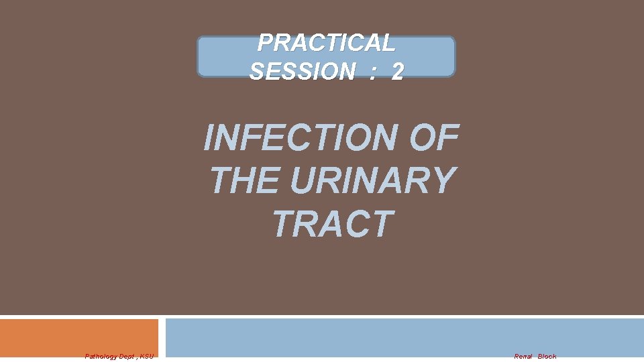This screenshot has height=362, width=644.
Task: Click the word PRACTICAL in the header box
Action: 326,43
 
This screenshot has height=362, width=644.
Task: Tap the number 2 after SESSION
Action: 397,71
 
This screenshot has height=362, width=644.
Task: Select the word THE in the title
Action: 244,180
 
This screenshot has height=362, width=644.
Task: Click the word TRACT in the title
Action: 331,224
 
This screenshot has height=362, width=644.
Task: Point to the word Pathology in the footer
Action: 100,356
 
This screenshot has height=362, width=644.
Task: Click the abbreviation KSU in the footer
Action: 146,356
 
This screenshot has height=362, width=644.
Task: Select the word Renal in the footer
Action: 523,356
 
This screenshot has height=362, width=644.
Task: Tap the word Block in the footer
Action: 547,356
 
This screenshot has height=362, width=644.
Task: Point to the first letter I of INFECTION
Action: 209,137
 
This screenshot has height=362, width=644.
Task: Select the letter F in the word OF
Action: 447,137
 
